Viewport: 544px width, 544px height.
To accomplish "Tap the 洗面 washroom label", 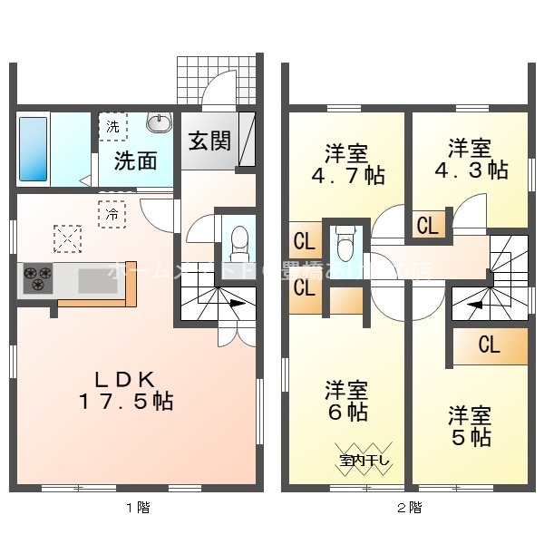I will tap(135, 161).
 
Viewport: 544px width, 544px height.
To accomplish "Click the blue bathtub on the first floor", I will tap(33, 150).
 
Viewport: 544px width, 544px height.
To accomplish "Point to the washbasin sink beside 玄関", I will tap(160, 122).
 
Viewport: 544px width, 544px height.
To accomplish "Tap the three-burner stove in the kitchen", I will tap(37, 277).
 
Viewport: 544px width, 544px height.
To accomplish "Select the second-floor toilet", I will tap(345, 242).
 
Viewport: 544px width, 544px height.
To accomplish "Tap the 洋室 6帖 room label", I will tap(347, 402).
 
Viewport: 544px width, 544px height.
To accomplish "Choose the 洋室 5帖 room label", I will tap(470, 427).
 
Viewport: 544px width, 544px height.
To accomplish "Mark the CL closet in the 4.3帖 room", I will tap(427, 225).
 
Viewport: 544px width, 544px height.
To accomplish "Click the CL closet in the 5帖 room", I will tap(489, 345).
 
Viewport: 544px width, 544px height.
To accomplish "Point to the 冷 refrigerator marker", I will tap(112, 215).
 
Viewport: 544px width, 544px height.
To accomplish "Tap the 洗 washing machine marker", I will tap(113, 128).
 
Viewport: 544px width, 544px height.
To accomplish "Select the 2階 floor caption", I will tap(408, 508).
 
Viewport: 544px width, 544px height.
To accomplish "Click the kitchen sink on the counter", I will tap(92, 282).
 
